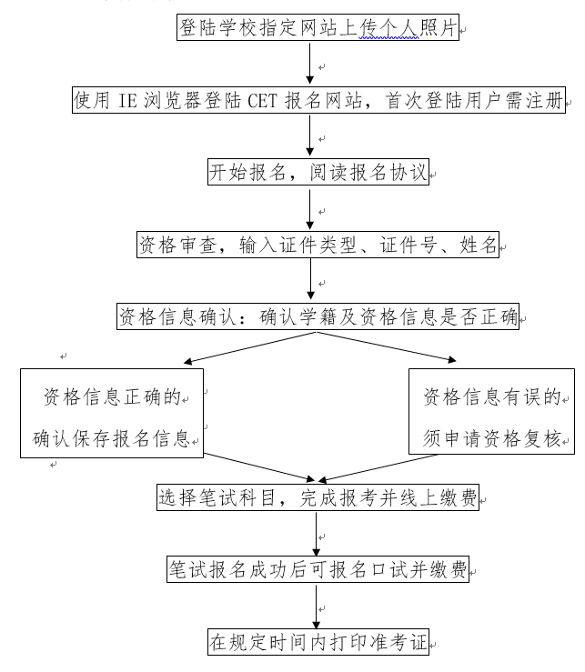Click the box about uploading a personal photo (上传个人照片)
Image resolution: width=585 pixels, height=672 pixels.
(x=318, y=28)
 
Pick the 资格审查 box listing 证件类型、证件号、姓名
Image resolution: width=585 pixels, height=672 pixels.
(x=318, y=245)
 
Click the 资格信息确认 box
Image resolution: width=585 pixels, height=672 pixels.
(x=318, y=317)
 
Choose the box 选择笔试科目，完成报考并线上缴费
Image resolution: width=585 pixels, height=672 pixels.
(x=318, y=497)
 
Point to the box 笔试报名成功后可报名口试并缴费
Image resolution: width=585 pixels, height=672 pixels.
(x=318, y=569)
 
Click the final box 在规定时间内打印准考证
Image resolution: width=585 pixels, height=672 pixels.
(x=318, y=642)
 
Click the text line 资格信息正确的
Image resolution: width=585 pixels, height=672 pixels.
(x=115, y=397)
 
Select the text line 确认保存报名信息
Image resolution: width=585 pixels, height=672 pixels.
(x=111, y=440)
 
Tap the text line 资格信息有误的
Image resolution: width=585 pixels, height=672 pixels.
(x=491, y=397)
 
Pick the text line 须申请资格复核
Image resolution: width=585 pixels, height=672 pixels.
(x=491, y=440)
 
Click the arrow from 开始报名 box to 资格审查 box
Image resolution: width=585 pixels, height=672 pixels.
(x=311, y=208)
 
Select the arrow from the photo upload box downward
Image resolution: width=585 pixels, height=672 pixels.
(x=311, y=64)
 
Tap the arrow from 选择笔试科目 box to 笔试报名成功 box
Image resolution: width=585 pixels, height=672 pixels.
(x=315, y=533)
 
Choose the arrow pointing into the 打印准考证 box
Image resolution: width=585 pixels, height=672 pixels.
(x=315, y=606)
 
